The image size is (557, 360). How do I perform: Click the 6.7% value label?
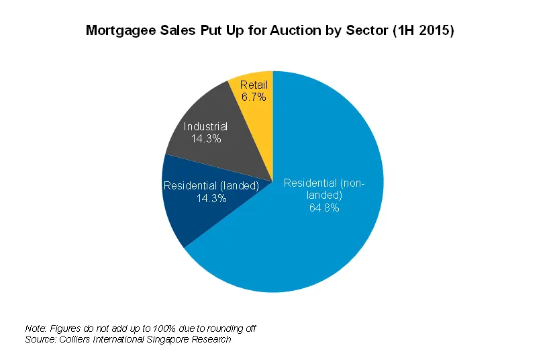click(x=254, y=97)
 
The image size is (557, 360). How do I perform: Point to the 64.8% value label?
click(x=324, y=208)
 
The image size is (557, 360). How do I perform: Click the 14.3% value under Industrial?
click(x=206, y=138)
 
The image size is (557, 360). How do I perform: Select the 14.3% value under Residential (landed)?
click(x=211, y=198)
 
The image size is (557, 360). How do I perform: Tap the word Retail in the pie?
click(x=254, y=85)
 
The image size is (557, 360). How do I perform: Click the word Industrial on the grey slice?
click(x=206, y=126)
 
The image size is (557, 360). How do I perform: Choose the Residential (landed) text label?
click(x=211, y=186)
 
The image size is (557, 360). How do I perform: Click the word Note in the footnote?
click(x=35, y=328)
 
